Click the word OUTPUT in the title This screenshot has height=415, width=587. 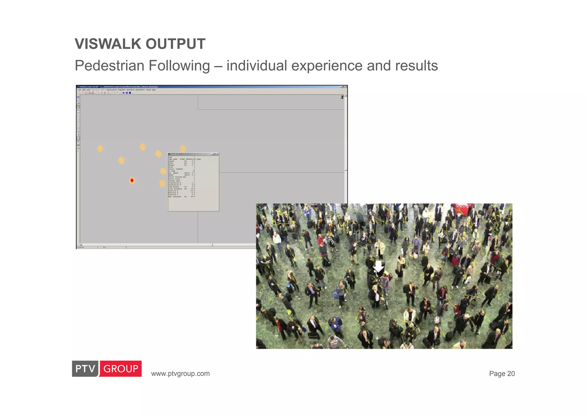175,44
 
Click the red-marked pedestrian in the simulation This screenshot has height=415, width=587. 132,180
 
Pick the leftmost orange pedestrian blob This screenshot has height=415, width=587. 100,148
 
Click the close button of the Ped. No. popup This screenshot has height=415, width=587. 217,154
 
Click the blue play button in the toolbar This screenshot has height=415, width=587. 124,93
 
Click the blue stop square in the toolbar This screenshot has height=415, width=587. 130,93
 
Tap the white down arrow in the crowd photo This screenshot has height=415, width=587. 379,267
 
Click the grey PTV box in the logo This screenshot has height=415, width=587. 85,369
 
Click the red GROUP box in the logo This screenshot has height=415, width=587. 121,369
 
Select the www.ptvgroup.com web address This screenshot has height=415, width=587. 180,374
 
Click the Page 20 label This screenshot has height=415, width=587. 502,374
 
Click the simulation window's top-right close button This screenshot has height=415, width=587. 346,87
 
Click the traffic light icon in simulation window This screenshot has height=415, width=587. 342,97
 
